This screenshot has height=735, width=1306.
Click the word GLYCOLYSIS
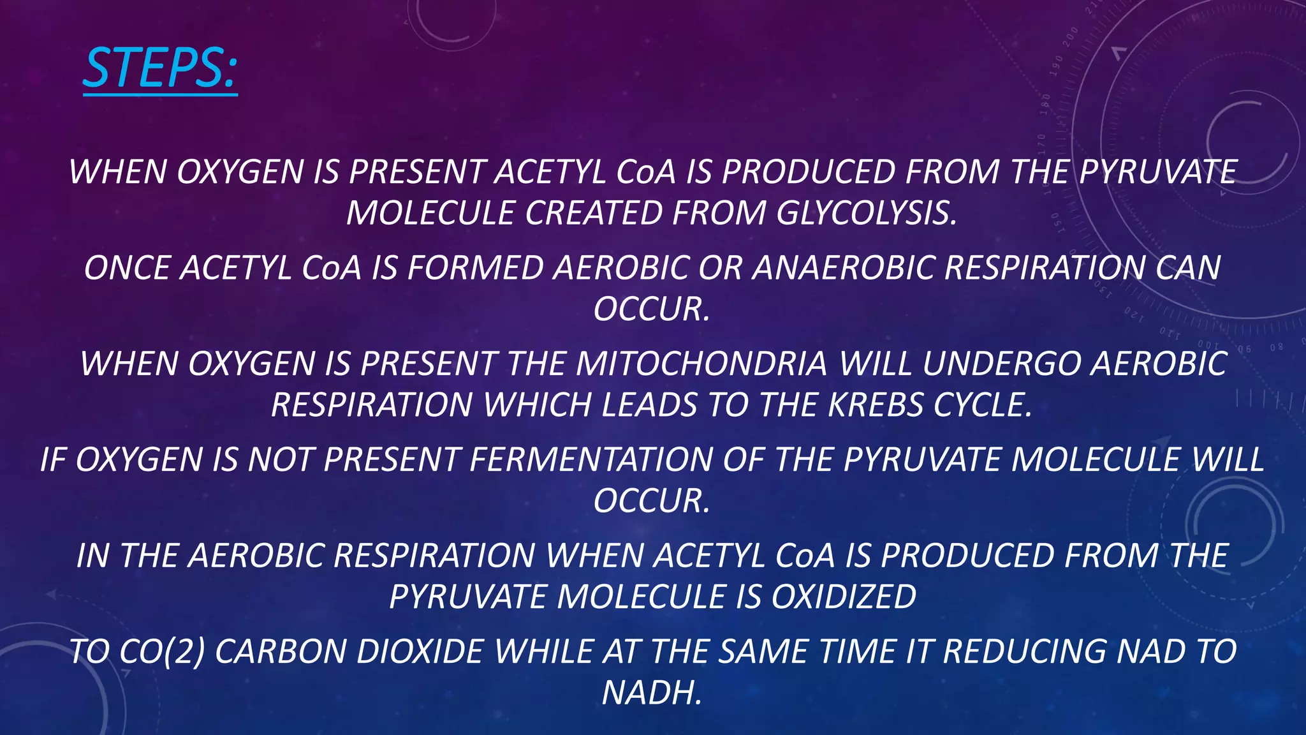click(867, 213)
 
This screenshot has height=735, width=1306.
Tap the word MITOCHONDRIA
click(701, 364)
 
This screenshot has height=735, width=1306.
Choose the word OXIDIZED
click(844, 597)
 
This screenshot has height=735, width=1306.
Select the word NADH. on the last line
click(652, 693)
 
